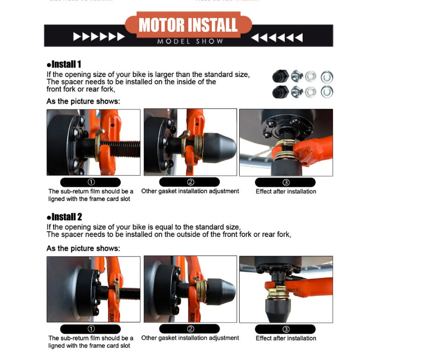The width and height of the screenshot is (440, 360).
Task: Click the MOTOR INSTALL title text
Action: tap(188, 25)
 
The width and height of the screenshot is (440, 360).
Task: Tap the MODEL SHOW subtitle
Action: tap(190, 41)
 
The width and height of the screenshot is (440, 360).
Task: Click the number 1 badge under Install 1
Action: tap(90, 182)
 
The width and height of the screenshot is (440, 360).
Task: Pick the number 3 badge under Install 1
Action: tap(286, 182)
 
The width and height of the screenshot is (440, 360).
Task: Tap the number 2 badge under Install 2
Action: tap(190, 329)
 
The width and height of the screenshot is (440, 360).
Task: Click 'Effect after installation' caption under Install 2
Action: tap(286, 338)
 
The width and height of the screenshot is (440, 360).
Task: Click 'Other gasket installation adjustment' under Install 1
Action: tap(190, 191)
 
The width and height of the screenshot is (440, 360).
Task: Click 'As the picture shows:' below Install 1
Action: tap(83, 101)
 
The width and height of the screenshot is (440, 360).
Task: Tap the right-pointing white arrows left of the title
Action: tap(99, 37)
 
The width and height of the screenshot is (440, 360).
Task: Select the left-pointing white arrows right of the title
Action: tap(276, 37)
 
